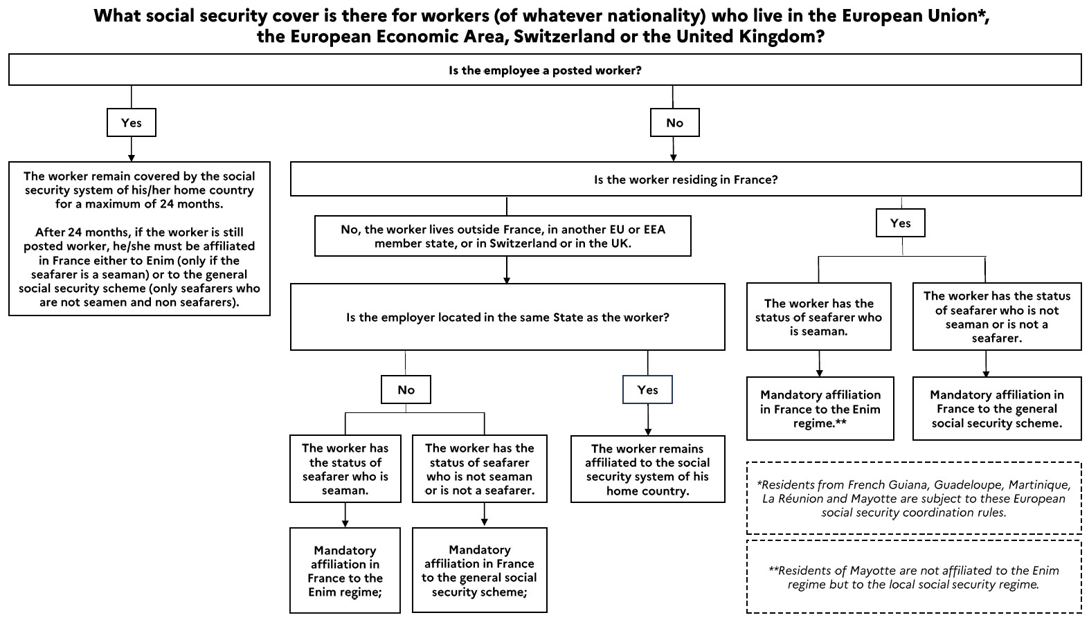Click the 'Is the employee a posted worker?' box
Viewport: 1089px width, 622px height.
click(x=544, y=70)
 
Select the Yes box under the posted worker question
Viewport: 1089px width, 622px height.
click(x=132, y=122)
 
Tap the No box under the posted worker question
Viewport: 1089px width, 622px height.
click(x=674, y=122)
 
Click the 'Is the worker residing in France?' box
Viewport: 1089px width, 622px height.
click(x=685, y=179)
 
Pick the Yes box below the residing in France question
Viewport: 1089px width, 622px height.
click(x=901, y=223)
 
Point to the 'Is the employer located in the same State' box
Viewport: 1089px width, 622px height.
click(x=507, y=317)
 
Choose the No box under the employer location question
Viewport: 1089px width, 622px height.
click(x=406, y=390)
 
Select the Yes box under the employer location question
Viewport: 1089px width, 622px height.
click(x=647, y=390)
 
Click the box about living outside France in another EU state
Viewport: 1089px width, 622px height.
click(x=503, y=236)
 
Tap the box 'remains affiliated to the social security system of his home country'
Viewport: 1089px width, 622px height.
click(x=647, y=469)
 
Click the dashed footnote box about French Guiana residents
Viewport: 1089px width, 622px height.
click(x=914, y=498)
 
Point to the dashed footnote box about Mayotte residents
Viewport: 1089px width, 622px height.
click(x=914, y=577)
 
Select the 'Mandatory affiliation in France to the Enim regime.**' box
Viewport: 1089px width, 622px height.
click(x=820, y=409)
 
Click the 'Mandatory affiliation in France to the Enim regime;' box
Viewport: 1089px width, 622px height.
click(x=345, y=571)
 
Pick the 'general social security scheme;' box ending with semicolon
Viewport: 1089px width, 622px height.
click(x=479, y=571)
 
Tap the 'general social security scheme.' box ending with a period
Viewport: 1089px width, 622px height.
click(x=997, y=409)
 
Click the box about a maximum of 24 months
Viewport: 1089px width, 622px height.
click(x=139, y=239)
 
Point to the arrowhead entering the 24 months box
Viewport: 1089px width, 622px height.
click(x=132, y=158)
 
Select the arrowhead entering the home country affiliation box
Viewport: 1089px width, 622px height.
click(x=647, y=432)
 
